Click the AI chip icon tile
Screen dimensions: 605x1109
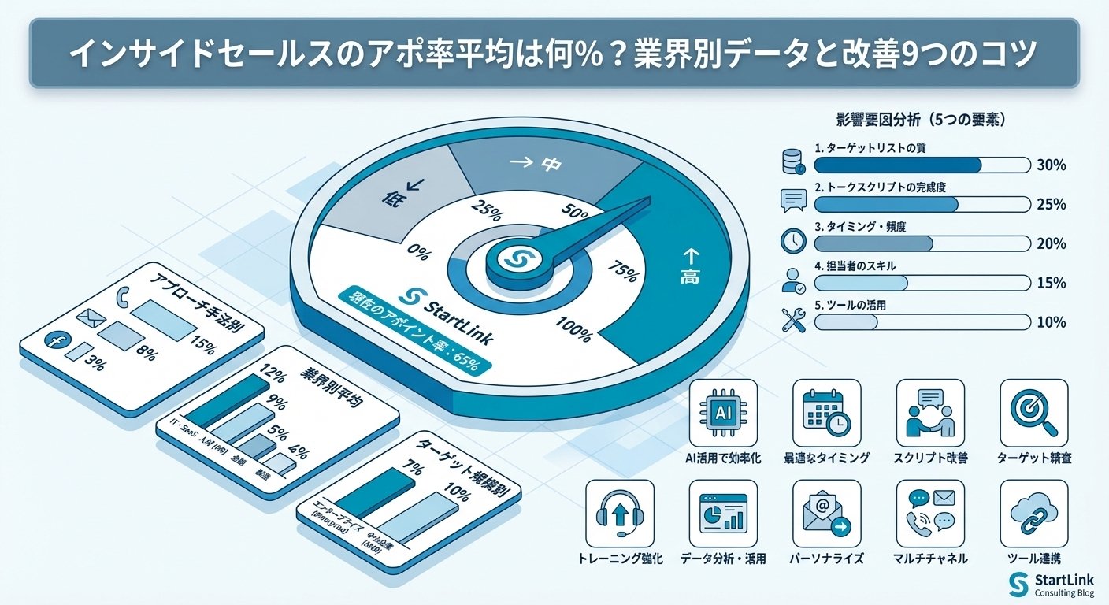coord(723,413)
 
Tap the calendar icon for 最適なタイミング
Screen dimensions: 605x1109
coord(826,413)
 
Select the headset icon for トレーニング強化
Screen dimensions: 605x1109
coord(620,514)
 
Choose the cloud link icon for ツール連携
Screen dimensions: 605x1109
coord(1033,514)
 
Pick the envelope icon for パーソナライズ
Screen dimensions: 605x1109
coord(826,514)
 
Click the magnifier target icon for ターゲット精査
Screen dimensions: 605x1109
coord(1033,413)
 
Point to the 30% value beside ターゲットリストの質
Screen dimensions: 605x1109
coord(1052,165)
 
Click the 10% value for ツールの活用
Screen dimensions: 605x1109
coord(1052,322)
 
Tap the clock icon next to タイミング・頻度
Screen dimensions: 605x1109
coord(792,241)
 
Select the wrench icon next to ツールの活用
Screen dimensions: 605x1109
coord(792,319)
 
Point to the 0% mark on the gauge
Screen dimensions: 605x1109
coord(419,254)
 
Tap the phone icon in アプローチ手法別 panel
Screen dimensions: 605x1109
coord(121,297)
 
